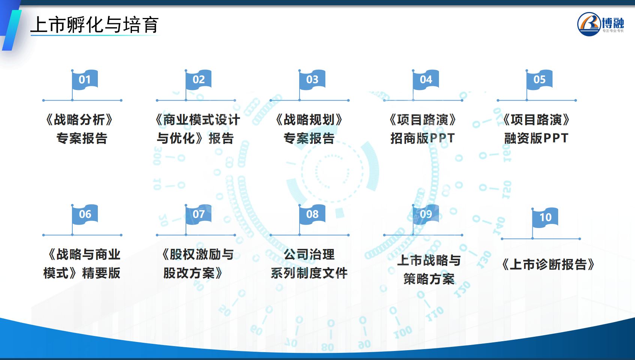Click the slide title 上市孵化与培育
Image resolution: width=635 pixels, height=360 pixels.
point(94,25)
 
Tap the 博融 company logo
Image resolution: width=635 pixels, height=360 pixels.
point(601,24)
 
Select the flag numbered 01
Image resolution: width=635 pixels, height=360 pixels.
point(85,80)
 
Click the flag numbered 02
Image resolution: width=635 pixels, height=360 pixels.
point(198,80)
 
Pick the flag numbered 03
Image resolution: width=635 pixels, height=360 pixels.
point(312,80)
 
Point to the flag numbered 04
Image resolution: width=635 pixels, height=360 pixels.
point(426,80)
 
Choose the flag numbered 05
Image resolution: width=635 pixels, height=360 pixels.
point(539,80)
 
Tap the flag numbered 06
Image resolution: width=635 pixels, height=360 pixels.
point(85,214)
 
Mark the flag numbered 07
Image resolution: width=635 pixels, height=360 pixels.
point(198,214)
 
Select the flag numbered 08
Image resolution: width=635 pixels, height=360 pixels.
point(312,214)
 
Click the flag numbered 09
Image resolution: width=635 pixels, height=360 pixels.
point(426,214)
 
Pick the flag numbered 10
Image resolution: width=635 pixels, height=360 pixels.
point(545,217)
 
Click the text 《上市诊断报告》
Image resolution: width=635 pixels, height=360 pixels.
point(548,264)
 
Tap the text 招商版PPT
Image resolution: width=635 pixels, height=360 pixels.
point(423,138)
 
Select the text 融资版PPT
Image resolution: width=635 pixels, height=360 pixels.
point(536,138)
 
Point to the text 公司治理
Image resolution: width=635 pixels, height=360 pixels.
point(309,255)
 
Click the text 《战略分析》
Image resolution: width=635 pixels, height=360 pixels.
point(80,120)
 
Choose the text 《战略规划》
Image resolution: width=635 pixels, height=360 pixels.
point(309,120)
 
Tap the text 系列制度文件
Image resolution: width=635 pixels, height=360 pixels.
point(309,273)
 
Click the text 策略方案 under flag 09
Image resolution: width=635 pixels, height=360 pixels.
point(429,279)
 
